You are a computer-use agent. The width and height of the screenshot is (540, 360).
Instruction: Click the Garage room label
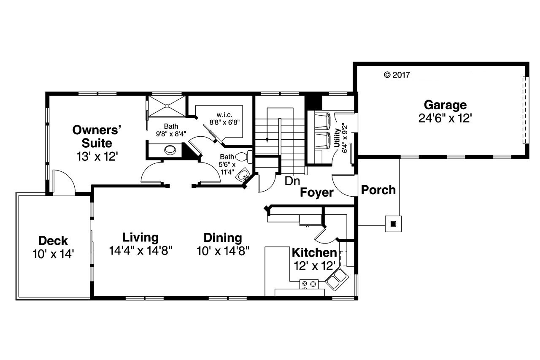click(x=445, y=105)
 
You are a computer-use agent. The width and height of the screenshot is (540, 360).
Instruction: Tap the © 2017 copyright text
click(x=397, y=75)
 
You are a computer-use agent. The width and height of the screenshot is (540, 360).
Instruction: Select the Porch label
click(x=378, y=190)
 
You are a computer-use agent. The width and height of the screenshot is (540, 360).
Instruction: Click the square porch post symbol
click(x=393, y=224)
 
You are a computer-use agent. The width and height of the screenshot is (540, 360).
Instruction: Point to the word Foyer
click(x=316, y=193)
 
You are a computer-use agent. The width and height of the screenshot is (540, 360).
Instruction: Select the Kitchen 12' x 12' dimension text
click(x=315, y=266)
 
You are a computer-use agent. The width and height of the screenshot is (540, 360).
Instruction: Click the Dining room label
click(x=223, y=238)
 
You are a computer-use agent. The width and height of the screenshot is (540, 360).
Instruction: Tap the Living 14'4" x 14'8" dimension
click(x=141, y=251)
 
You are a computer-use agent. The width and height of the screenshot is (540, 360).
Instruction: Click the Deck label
click(x=53, y=241)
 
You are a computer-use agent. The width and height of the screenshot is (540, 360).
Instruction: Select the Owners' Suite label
click(x=97, y=136)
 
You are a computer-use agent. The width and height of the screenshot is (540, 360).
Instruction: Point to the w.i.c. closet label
click(x=223, y=115)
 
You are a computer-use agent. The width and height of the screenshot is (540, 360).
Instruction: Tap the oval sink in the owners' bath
click(x=171, y=149)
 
